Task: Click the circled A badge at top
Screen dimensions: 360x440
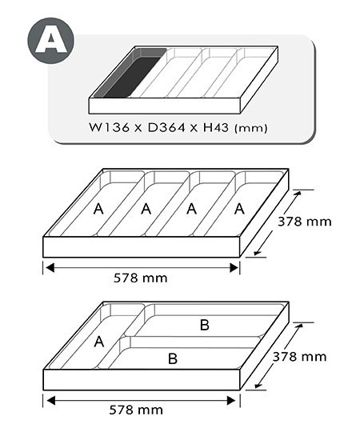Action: pos(50,41)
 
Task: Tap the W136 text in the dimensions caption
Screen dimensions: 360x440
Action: pos(110,128)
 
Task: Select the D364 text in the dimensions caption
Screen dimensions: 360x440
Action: pos(166,128)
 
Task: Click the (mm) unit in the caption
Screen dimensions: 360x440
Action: pos(250,129)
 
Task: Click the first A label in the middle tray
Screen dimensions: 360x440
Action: pos(98,209)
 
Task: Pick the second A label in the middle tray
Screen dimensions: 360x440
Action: pos(146,209)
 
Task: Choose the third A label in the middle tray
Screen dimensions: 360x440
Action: pos(192,209)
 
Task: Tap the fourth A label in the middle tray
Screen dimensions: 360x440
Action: pos(239,209)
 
